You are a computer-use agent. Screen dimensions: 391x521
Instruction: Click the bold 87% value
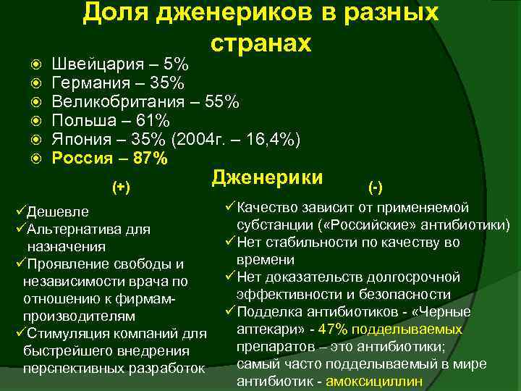(x=150, y=157)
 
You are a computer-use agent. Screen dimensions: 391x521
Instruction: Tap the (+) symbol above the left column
(x=122, y=188)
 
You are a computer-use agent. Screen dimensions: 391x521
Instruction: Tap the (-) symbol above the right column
(x=376, y=188)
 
